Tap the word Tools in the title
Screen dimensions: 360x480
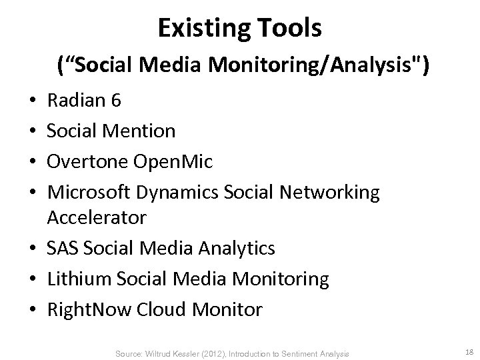click(x=291, y=27)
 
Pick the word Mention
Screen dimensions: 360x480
click(x=139, y=131)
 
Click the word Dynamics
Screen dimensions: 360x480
click(x=180, y=193)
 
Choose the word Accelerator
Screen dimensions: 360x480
click(x=97, y=218)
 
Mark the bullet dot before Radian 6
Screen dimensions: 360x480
click(x=33, y=102)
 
